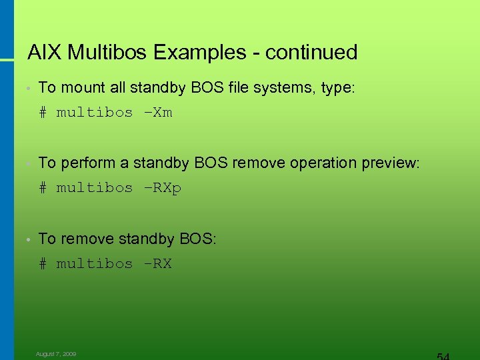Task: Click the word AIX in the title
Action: point(45,52)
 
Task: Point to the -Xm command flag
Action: point(158,113)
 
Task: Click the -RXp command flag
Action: point(162,188)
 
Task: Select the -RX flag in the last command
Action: point(158,264)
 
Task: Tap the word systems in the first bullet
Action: point(281,87)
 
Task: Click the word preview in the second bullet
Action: point(390,163)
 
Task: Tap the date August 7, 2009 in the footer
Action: point(56,354)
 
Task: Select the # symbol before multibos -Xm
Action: point(43,113)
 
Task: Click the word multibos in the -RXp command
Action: point(95,188)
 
